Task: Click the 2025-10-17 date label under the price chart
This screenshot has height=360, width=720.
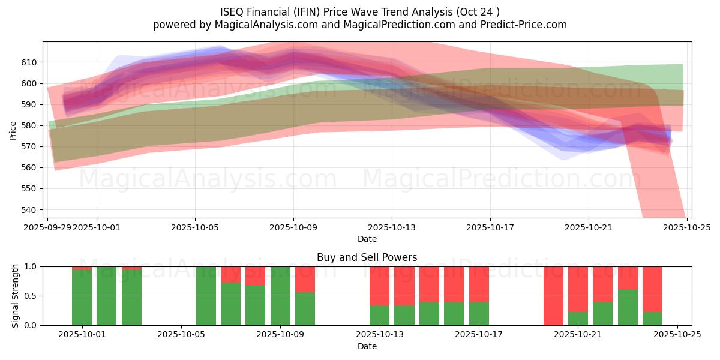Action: [490, 227]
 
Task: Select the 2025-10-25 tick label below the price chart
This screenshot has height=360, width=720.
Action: [686, 227]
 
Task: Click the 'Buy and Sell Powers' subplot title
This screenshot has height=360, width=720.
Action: [367, 257]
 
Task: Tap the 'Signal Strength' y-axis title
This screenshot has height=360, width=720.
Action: [16, 296]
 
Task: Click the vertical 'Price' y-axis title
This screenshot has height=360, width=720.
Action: [13, 130]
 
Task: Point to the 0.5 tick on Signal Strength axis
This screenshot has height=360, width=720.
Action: [31, 296]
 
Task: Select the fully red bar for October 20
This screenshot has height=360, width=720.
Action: [553, 296]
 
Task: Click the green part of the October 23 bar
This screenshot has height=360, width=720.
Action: [628, 307]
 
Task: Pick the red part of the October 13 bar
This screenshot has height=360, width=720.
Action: [379, 286]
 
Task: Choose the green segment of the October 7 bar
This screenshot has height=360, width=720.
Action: [230, 304]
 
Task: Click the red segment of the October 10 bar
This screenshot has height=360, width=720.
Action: [305, 279]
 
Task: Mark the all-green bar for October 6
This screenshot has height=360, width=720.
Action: [206, 296]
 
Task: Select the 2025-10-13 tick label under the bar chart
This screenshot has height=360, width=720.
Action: [379, 335]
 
